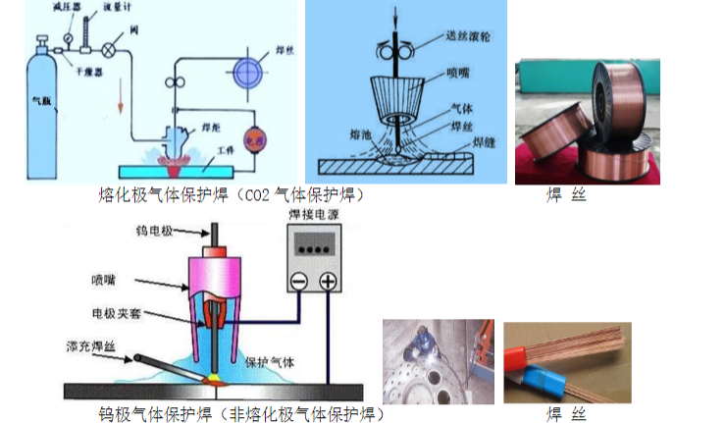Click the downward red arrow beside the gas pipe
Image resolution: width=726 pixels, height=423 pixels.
click(x=121, y=99)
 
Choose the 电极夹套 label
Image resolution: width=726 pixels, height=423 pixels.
click(x=115, y=313)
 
